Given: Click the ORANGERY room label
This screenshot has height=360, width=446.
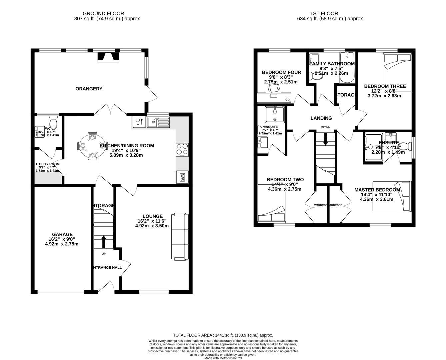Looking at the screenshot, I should (89, 89).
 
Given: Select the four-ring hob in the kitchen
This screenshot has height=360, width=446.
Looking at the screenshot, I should (182, 149).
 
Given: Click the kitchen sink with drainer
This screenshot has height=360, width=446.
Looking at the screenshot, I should (158, 122).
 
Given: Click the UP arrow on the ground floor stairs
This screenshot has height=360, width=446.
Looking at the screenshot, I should (103, 242).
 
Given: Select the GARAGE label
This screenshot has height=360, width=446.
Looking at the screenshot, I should (62, 234).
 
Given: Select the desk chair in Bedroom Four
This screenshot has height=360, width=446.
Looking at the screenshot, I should (274, 88).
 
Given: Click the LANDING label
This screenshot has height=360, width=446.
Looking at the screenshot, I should (321, 118).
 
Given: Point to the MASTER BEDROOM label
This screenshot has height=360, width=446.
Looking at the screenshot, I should (377, 190).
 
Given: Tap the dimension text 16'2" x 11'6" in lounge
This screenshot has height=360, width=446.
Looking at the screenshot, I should (152, 221).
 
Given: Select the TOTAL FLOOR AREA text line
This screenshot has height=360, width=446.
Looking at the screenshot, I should (223, 335).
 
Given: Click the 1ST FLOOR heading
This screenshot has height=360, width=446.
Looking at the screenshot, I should (324, 13).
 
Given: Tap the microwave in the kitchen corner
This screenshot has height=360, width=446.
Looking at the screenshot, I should (182, 177).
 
